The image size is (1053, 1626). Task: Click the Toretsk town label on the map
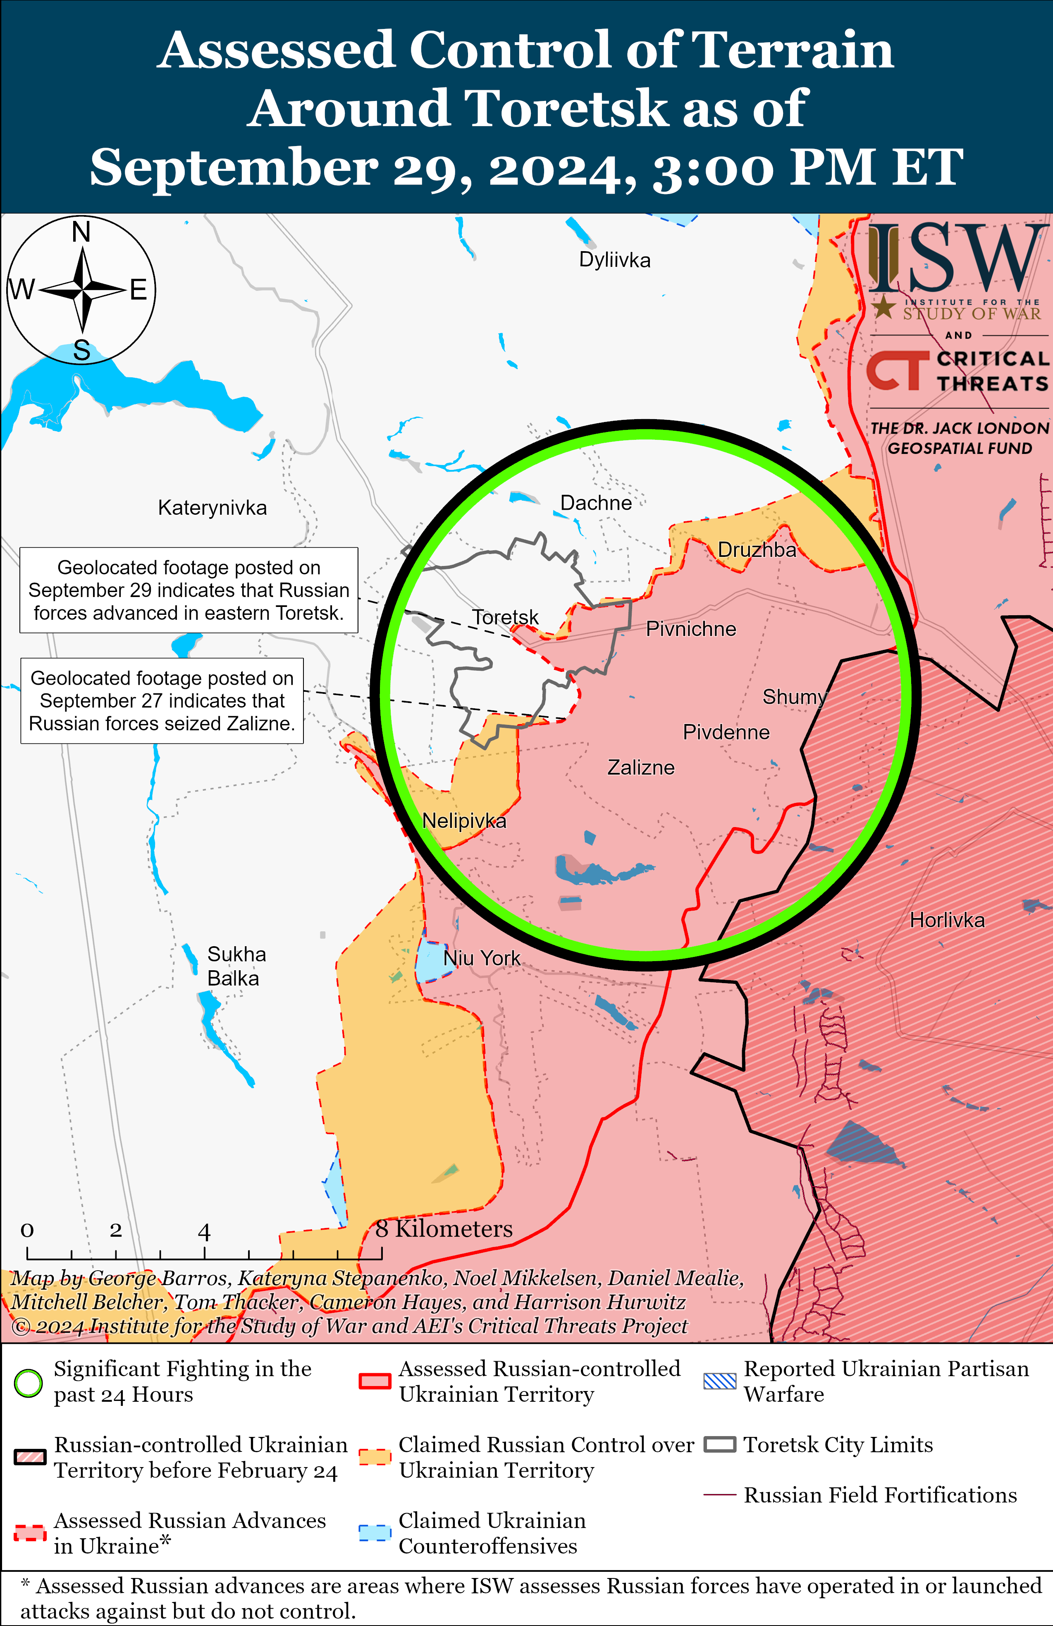click(505, 618)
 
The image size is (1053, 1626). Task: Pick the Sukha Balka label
click(236, 966)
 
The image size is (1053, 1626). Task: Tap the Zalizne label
click(640, 768)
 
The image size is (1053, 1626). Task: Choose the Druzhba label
click(757, 550)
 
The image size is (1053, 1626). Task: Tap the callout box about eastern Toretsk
click(189, 590)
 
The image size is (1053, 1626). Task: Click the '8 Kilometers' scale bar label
click(444, 1229)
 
